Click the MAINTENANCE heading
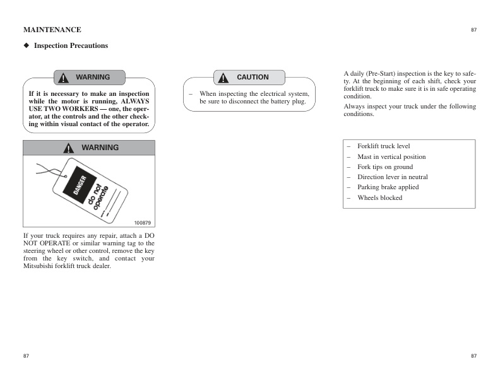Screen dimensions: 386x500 coord(52,30)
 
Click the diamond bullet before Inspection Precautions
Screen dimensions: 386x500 coord(27,45)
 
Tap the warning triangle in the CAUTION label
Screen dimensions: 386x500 coord(223,78)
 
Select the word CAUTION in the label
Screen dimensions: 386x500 coord(253,77)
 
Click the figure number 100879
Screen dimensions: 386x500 coord(143,223)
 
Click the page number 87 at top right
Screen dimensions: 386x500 coord(473,30)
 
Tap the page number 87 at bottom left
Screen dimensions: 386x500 coord(26,356)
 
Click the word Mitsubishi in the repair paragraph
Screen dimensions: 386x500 coord(40,266)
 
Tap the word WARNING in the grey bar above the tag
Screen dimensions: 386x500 coord(100,148)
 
